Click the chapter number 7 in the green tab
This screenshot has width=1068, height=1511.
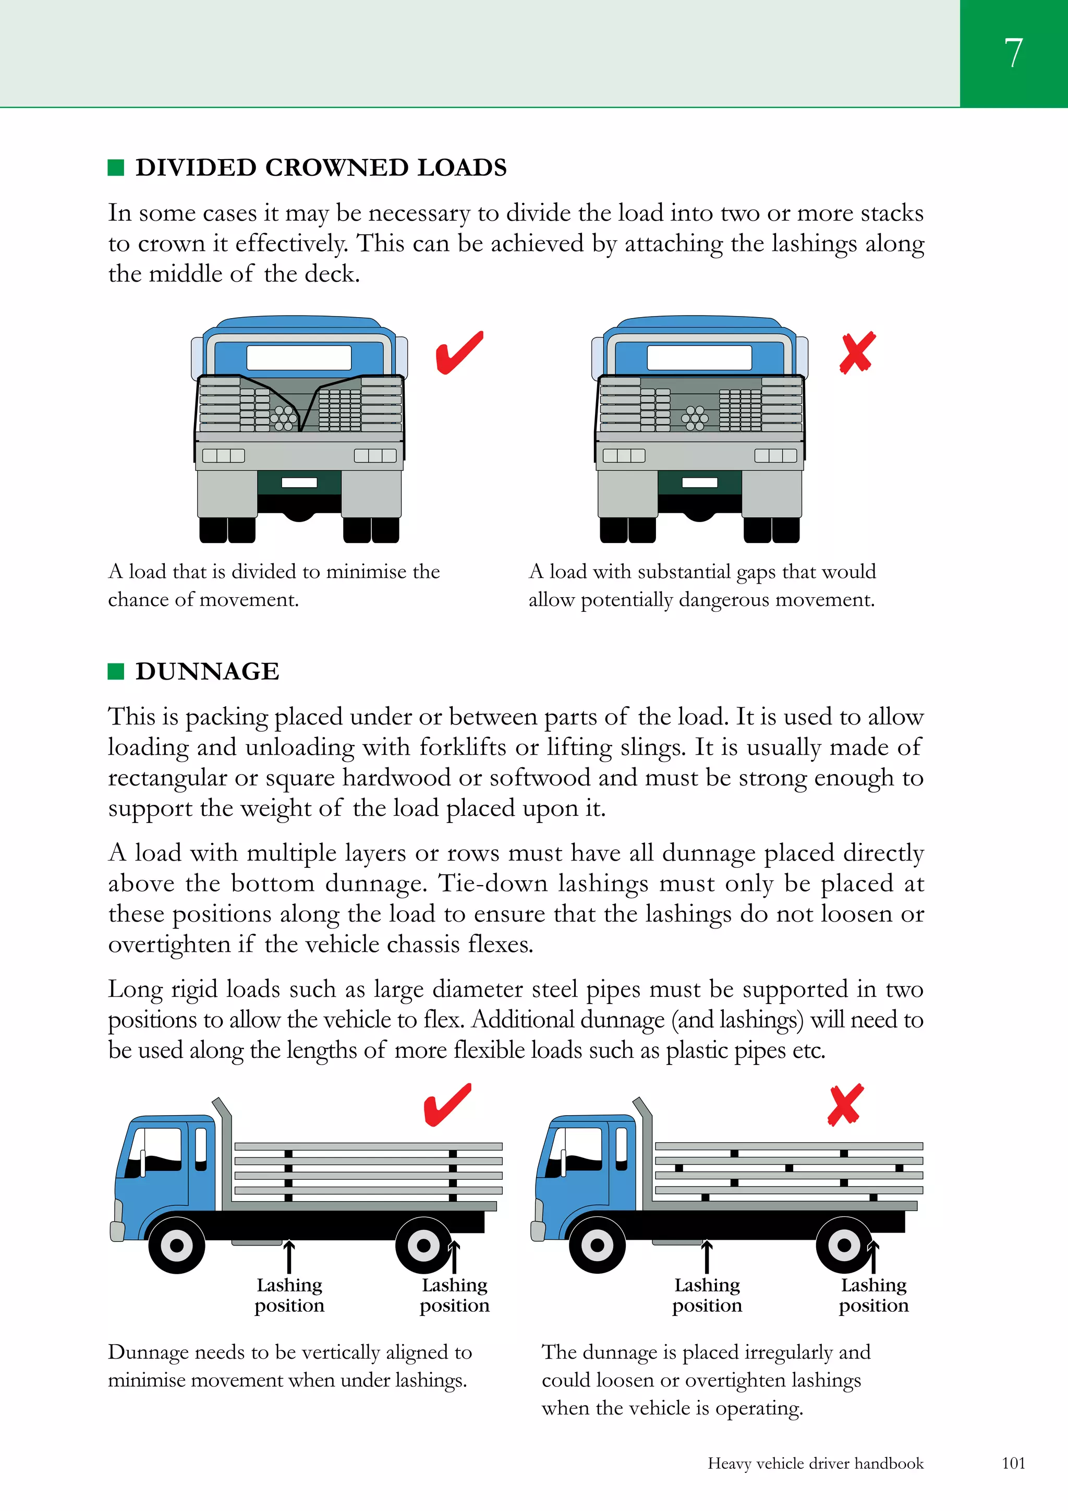pos(1013,53)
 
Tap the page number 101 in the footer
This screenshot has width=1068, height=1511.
pos(1013,1463)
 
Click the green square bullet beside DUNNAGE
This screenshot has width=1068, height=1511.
pos(116,671)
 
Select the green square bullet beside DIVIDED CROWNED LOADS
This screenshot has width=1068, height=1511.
pos(116,168)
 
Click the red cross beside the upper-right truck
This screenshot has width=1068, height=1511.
pos(857,353)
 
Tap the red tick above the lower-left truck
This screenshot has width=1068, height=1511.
pos(447,1104)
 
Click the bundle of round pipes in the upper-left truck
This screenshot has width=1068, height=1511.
pos(284,418)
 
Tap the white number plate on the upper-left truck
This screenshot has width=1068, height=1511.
pos(299,482)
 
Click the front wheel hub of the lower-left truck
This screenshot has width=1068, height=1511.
pos(176,1245)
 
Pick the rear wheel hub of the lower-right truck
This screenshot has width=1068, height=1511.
pos(844,1245)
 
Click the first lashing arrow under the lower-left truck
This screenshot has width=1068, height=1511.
pos(288,1256)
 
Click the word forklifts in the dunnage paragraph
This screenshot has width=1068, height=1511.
pos(463,747)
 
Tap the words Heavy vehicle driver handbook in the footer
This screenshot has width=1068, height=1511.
pos(815,1463)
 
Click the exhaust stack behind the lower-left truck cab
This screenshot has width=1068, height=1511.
pos(226,1152)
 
